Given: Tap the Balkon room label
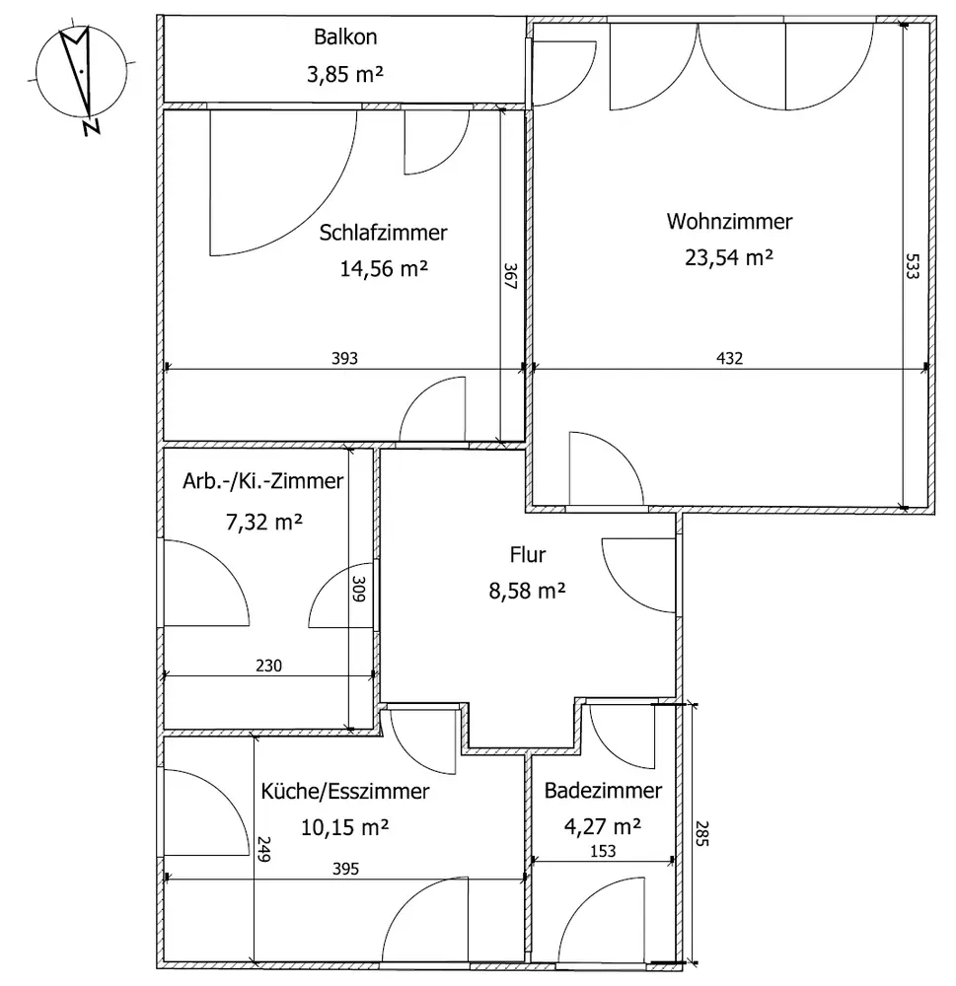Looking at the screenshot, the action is point(345,38).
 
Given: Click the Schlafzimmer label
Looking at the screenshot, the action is point(383,233).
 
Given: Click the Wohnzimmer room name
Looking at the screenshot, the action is point(729,222).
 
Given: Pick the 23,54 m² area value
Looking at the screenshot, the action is point(729,257).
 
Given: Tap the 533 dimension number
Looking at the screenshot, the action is point(913,268).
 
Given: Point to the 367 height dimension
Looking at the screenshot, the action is point(511,276).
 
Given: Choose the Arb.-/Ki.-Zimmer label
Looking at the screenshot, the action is point(263,482).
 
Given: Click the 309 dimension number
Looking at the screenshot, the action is point(361,589).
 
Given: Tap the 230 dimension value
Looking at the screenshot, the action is point(268,666).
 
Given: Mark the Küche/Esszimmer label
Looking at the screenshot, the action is point(344,791).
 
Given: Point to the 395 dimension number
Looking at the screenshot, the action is point(344,869).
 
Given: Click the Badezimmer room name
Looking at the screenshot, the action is point(602,791).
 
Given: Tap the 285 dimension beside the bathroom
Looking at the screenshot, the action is point(703,834).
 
